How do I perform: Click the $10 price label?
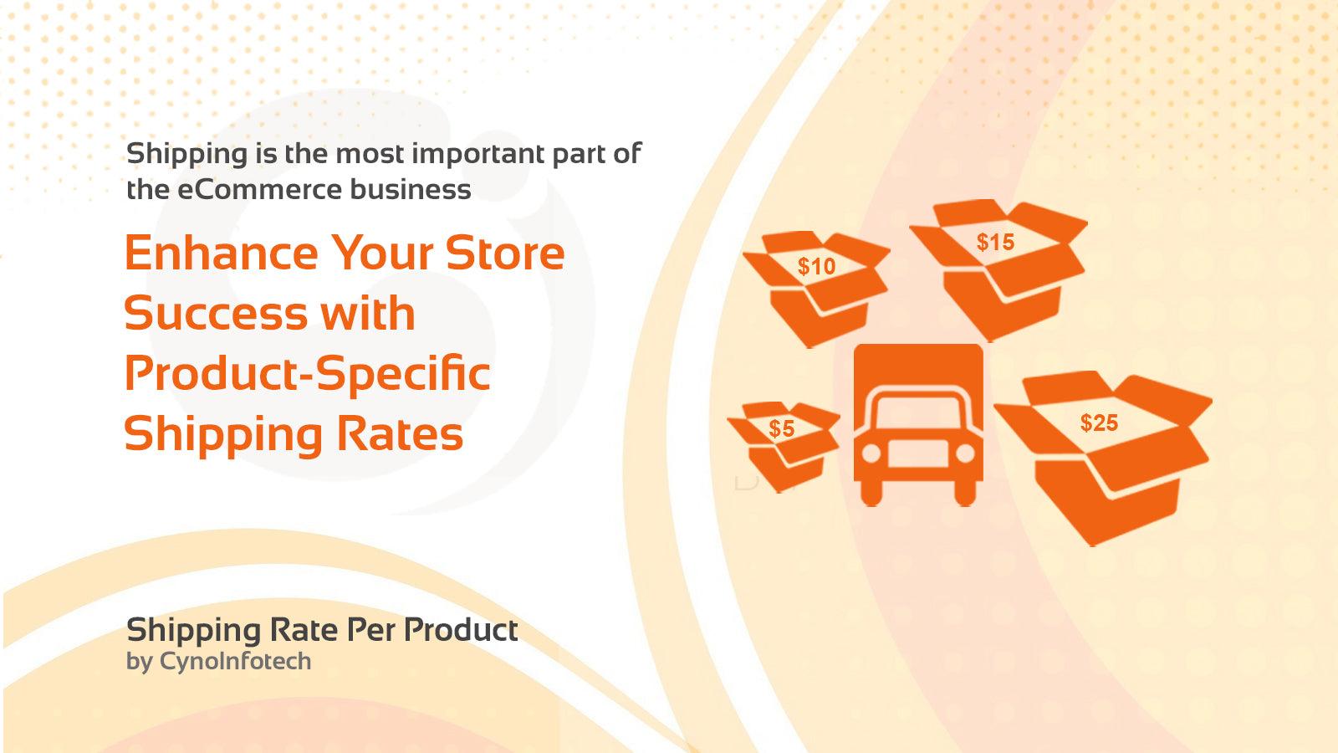[x=816, y=267]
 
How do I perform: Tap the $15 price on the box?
[x=995, y=243]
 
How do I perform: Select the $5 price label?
[x=781, y=429]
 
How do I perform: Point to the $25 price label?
[x=1099, y=423]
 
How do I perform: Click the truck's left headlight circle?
[x=871, y=453]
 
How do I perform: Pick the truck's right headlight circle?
[x=965, y=453]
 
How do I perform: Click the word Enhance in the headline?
[x=221, y=253]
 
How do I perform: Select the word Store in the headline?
[x=505, y=253]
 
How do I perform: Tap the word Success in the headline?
[x=213, y=314]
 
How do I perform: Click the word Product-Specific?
[x=307, y=374]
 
